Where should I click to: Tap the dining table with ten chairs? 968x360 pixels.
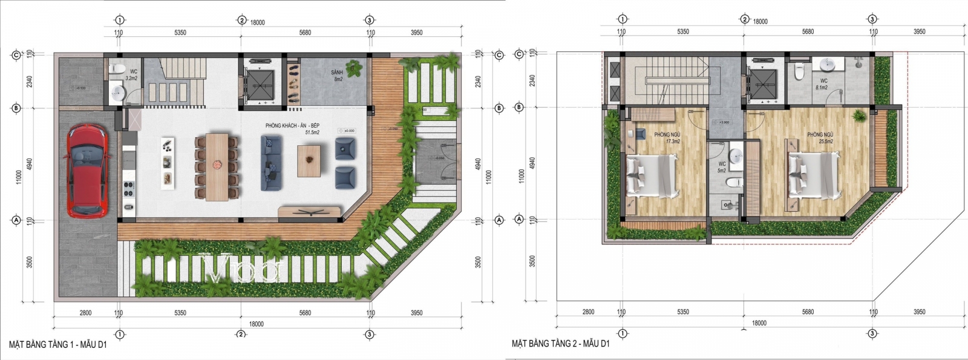click(217, 166)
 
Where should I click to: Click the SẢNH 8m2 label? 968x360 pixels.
click(337, 76)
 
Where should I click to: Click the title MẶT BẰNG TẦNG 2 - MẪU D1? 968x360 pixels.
click(560, 344)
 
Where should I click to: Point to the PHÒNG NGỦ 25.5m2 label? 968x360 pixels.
click(820, 138)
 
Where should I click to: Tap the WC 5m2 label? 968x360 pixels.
click(722, 168)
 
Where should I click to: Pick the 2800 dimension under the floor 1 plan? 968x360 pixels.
click(85, 313)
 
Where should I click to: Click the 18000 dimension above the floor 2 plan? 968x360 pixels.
click(760, 21)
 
